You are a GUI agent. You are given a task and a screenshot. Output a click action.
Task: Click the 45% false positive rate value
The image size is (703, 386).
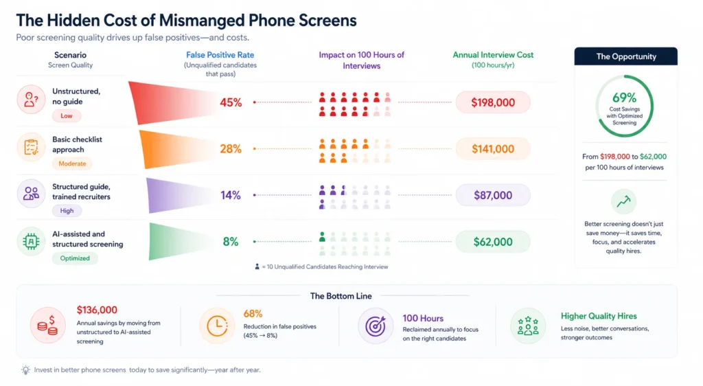click(x=231, y=102)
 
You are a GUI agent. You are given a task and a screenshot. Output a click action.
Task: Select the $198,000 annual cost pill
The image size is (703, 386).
click(x=493, y=102)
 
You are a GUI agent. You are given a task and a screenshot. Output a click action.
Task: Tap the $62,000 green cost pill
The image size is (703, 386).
click(x=493, y=242)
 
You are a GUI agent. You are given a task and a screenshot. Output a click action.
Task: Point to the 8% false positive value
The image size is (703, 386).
click(x=231, y=242)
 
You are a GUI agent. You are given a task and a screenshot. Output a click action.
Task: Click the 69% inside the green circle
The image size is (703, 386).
click(x=625, y=98)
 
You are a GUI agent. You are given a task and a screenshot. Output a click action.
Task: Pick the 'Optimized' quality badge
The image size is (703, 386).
click(x=75, y=258)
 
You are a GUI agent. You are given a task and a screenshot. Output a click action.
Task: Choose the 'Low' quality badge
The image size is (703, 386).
click(x=67, y=116)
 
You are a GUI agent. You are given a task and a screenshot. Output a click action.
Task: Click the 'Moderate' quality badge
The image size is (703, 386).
click(x=72, y=163)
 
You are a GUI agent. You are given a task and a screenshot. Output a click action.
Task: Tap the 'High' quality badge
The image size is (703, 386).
click(x=67, y=211)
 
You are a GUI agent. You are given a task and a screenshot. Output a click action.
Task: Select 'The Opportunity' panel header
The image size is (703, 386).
click(x=625, y=56)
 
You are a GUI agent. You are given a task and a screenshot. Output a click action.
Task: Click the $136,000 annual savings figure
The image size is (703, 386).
click(x=97, y=310)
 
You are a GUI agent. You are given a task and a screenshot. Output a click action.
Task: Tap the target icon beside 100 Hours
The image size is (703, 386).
click(x=376, y=326)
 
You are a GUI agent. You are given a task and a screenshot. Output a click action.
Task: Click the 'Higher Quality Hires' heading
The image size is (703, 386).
click(x=599, y=317)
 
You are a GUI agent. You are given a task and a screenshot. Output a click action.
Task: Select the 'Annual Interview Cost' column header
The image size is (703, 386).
click(x=493, y=55)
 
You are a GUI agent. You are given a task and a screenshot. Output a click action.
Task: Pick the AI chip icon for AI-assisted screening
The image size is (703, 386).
click(x=31, y=242)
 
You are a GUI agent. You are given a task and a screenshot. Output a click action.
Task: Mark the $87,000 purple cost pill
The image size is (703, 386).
click(x=493, y=195)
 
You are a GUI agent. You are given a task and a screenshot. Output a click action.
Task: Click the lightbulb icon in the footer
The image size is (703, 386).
click(x=25, y=370)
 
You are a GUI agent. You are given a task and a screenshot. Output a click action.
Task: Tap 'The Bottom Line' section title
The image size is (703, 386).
click(x=341, y=296)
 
